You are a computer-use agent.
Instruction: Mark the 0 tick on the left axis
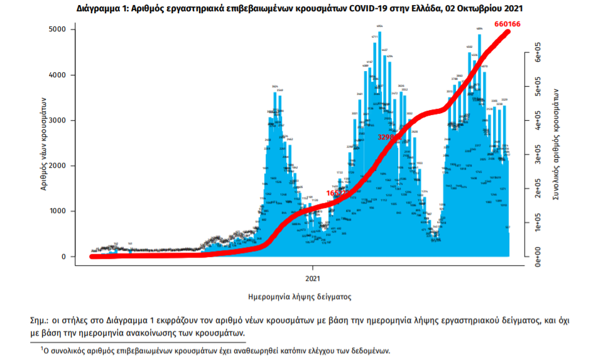64,256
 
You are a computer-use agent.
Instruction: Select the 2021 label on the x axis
314,277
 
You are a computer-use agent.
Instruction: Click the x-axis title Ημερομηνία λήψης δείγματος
300,296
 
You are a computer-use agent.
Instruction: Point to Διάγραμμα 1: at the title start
104,9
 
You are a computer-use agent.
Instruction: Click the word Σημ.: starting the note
42,320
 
